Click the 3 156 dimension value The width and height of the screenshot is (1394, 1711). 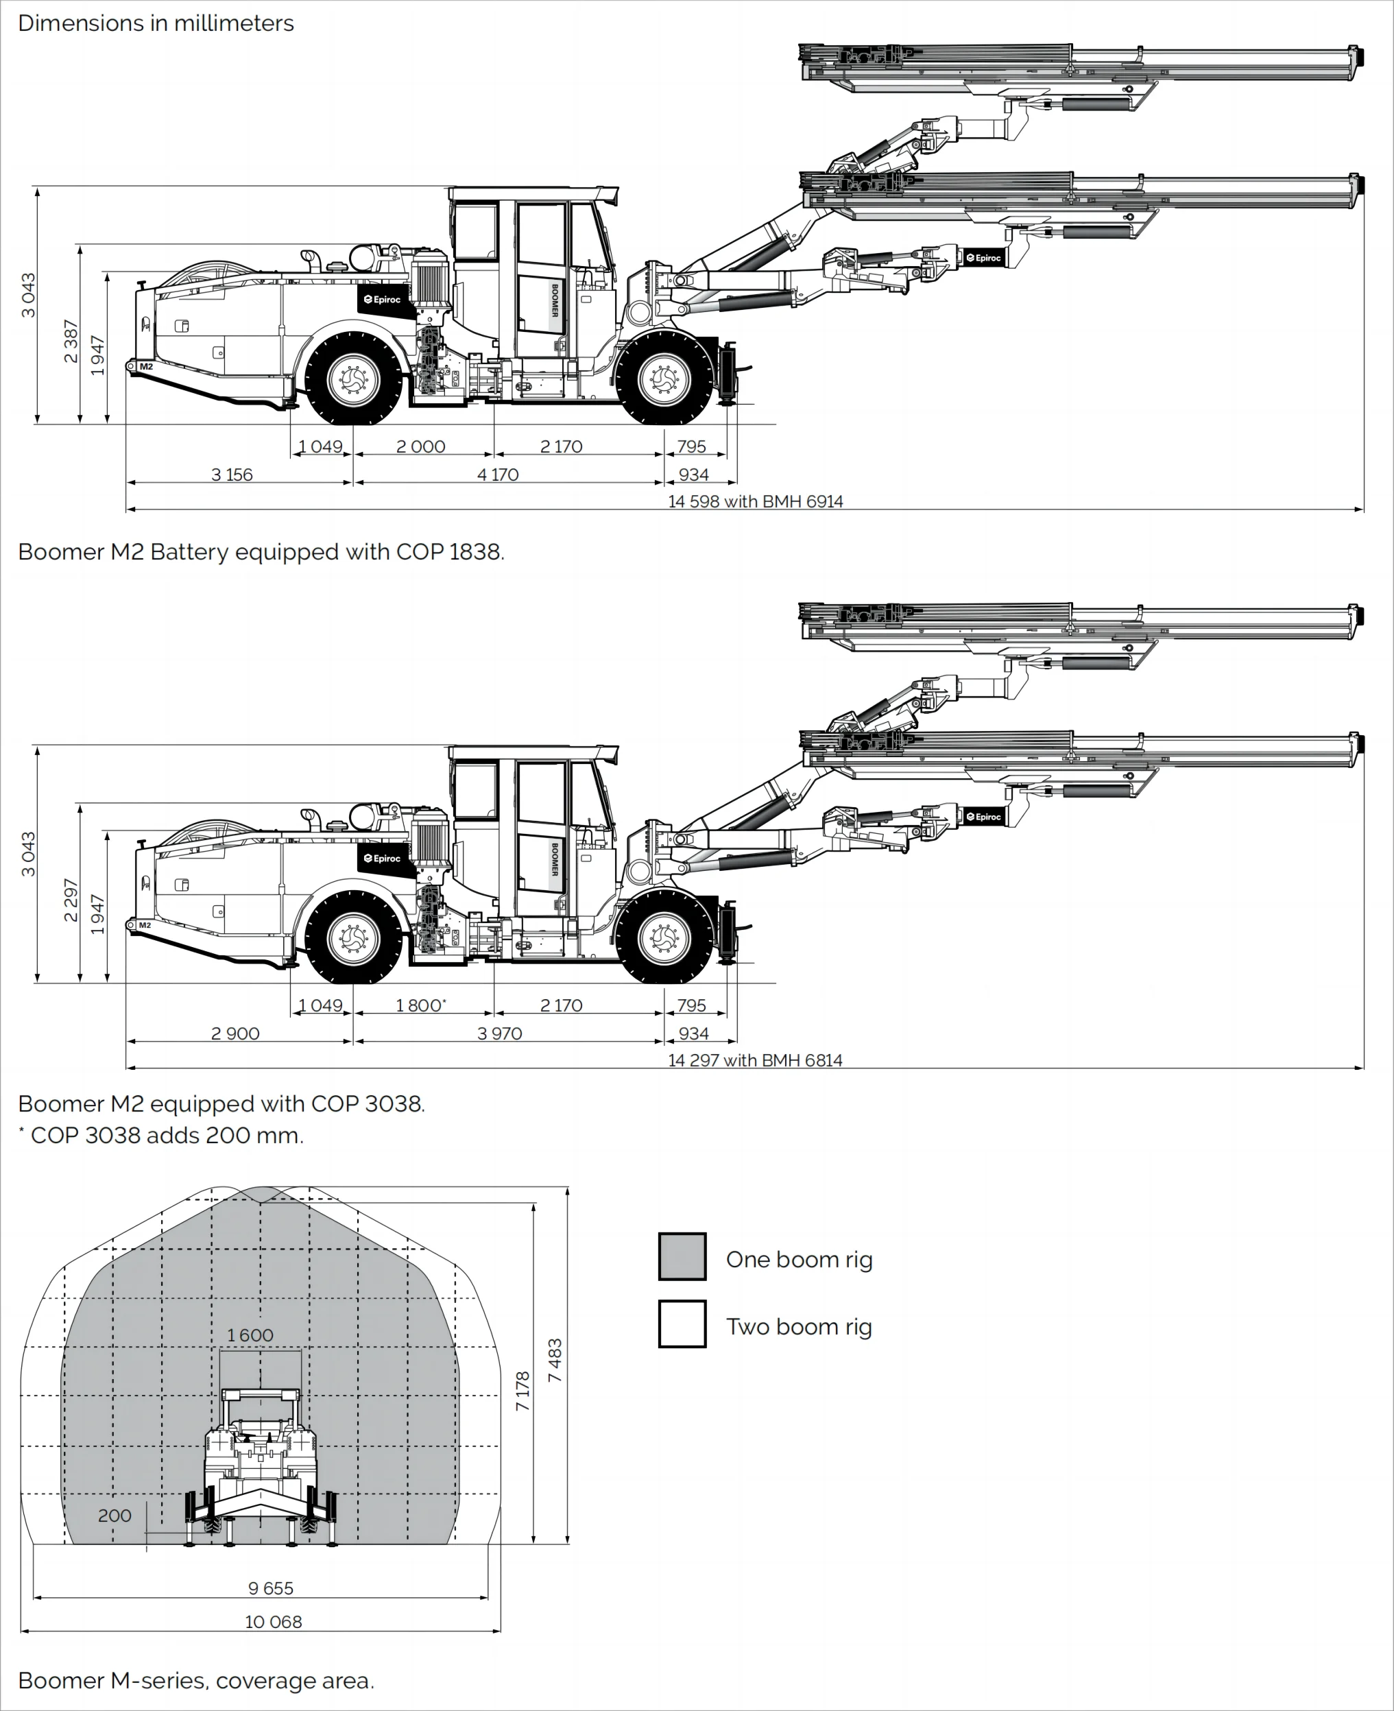click(x=231, y=475)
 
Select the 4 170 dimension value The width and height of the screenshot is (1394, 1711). click(x=498, y=475)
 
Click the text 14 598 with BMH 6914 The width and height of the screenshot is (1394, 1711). click(x=755, y=501)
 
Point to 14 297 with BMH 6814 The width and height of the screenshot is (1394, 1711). click(x=755, y=1060)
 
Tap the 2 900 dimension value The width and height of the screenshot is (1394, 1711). click(x=235, y=1033)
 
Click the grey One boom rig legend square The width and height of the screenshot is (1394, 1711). click(x=682, y=1256)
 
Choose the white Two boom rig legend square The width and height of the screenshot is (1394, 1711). click(x=682, y=1324)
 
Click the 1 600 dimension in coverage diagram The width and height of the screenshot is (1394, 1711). click(x=250, y=1335)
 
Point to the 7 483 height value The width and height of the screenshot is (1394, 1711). click(x=555, y=1360)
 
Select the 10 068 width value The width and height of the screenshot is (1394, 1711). click(x=273, y=1622)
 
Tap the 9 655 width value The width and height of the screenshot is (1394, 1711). click(x=271, y=1588)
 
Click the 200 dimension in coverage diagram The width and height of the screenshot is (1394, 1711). click(x=114, y=1515)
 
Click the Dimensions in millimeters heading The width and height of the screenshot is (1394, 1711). click(x=156, y=23)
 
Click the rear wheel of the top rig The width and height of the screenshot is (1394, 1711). click(x=353, y=377)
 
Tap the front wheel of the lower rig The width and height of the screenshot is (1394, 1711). click(x=664, y=937)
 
